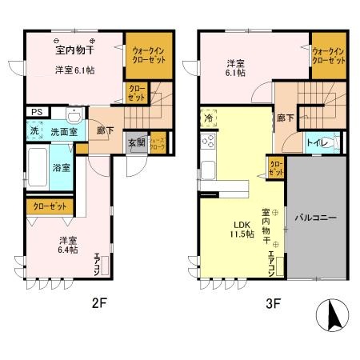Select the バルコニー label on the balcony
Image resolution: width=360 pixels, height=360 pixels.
pos(315,217)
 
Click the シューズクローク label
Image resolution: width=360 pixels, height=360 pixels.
pos(158,144)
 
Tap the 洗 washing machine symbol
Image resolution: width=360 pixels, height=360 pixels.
pos(34,130)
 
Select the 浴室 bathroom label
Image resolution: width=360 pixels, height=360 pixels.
pos(61,168)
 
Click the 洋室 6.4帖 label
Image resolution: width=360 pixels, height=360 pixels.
pos(66,245)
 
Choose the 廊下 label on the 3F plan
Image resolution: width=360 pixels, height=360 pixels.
pos(284,118)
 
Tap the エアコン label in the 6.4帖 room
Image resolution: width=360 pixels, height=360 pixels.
pos(98,262)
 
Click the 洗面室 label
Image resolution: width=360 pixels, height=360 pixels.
pos(60,131)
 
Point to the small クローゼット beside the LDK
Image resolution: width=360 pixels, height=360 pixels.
pos(275,167)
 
